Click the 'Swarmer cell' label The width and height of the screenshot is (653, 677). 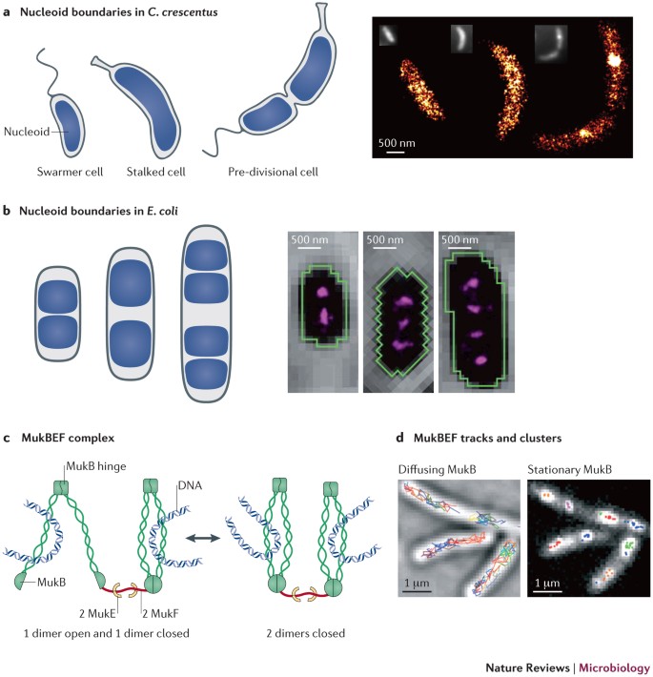[73, 174]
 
